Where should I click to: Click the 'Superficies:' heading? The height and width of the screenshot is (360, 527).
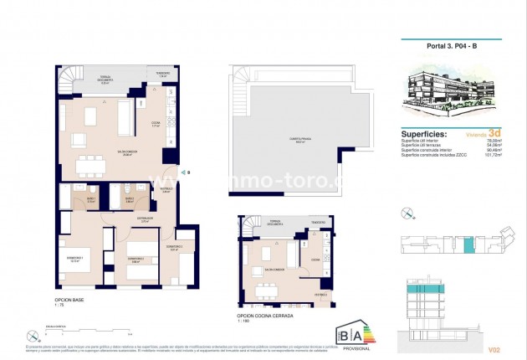(424, 134)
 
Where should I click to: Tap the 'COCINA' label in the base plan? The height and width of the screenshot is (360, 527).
(156, 124)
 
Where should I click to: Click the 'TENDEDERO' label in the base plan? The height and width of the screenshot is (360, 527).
(162, 75)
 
